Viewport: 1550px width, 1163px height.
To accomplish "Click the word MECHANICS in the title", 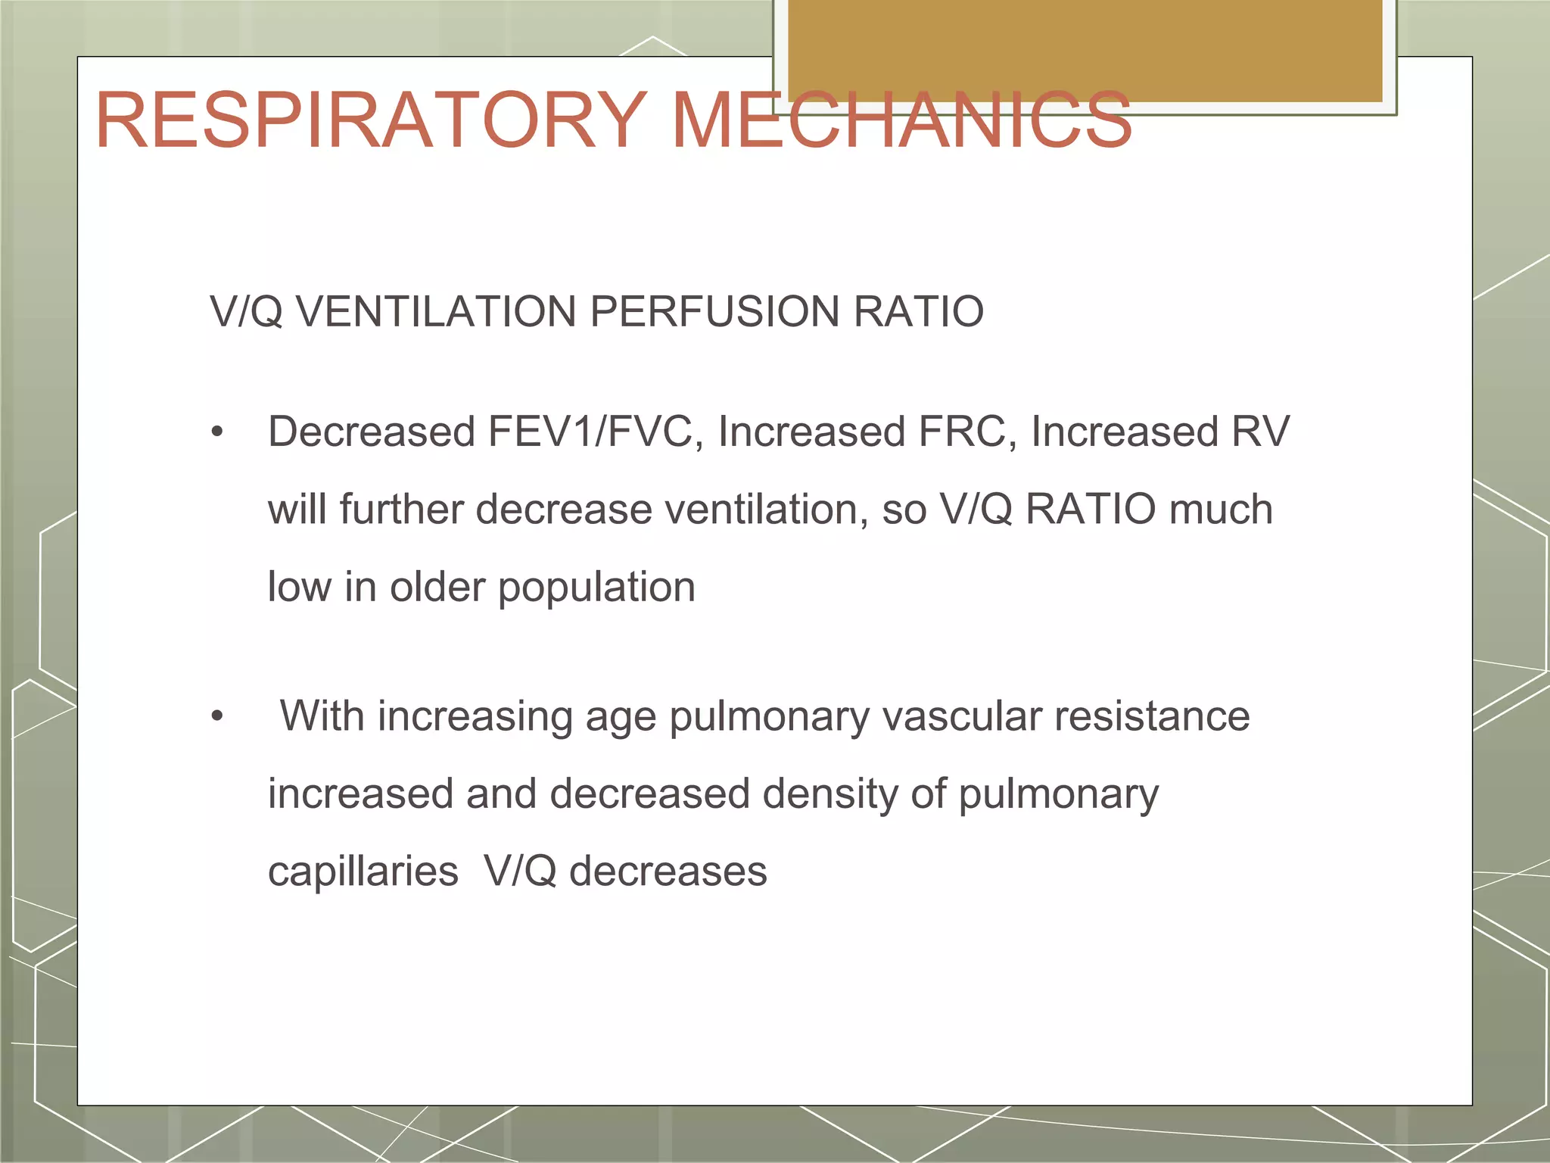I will click(x=901, y=121).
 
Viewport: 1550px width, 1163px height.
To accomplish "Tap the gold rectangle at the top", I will click(x=1085, y=50).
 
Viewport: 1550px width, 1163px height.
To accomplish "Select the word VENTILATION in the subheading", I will click(x=436, y=312).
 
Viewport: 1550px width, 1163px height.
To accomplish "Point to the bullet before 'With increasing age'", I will click(x=218, y=716).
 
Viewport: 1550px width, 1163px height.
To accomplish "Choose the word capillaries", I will click(x=363, y=872).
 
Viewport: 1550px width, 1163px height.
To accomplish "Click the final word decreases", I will click(x=668, y=872).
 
